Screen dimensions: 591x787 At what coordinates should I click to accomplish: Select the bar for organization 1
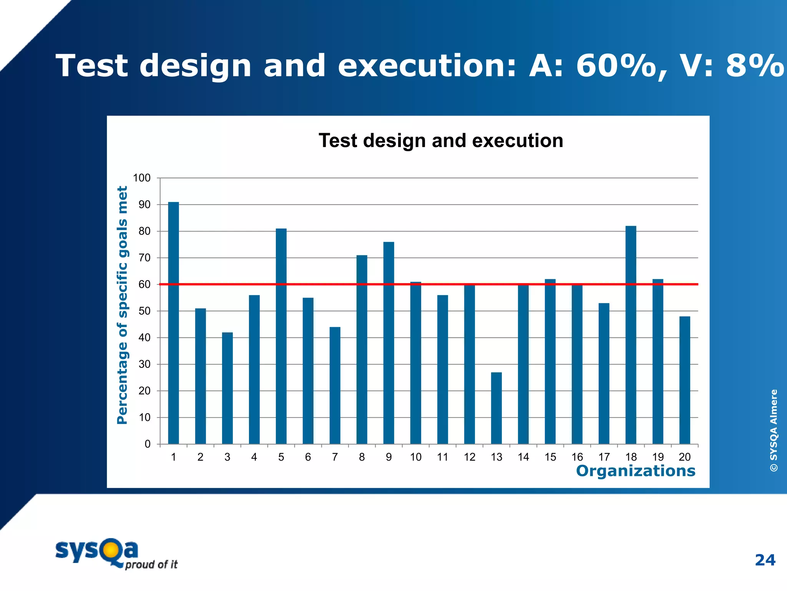[x=173, y=323]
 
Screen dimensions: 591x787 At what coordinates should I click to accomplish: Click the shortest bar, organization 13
[x=496, y=408]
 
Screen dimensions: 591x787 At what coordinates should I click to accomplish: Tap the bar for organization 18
[x=631, y=335]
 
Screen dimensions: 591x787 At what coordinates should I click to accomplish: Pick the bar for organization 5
[x=281, y=337]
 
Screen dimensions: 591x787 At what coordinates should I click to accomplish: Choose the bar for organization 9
[x=389, y=342]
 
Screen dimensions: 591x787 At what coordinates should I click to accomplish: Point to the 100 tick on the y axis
[x=141, y=178]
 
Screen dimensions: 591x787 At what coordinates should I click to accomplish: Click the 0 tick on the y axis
[x=147, y=444]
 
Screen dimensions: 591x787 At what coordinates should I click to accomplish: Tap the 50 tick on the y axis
[x=144, y=311]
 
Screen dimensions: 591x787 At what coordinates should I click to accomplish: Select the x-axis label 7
[x=335, y=457]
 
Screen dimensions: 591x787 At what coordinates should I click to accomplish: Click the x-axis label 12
[x=469, y=457]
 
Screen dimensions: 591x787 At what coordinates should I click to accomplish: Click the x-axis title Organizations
[x=636, y=471]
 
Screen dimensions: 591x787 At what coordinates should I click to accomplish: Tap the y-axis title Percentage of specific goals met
[x=122, y=305]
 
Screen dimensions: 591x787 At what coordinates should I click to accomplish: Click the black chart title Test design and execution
[x=441, y=140]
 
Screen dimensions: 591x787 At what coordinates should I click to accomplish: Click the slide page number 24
[x=765, y=560]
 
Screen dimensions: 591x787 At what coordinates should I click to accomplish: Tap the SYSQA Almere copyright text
[x=774, y=430]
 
